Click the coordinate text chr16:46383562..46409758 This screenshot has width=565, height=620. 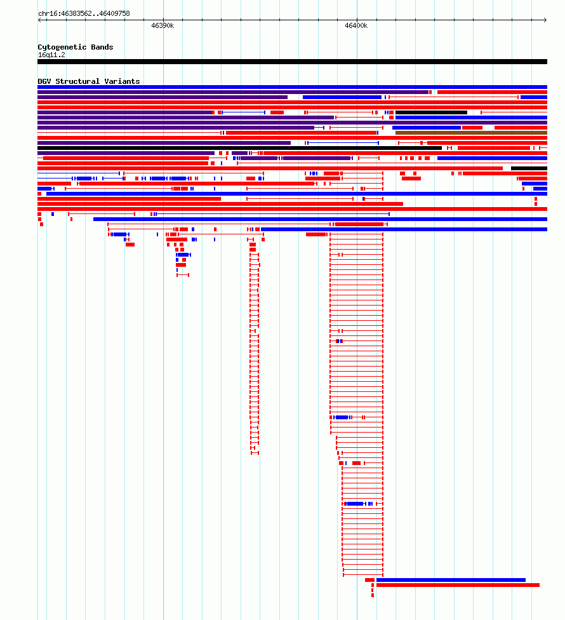click(84, 13)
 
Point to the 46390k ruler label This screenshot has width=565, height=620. click(163, 25)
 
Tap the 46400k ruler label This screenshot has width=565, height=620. click(356, 25)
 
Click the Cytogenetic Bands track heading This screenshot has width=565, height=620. click(76, 47)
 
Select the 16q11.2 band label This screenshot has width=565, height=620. click(51, 55)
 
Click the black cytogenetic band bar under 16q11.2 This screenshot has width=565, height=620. click(293, 62)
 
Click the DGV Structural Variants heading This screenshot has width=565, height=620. click(88, 81)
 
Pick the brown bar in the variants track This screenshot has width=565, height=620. click(471, 133)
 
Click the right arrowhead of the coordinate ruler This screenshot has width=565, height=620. click(545, 20)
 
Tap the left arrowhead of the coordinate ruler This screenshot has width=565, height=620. click(39, 20)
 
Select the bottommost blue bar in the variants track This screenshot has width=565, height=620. click(451, 580)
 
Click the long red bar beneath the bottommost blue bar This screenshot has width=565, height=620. click(458, 585)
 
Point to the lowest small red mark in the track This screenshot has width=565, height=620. click(372, 595)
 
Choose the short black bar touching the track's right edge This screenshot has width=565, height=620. click(529, 168)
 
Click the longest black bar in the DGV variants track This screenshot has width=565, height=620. click(239, 148)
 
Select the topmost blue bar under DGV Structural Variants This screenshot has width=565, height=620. click(293, 87)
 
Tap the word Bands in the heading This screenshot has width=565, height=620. click(102, 47)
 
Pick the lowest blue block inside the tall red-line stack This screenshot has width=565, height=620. click(354, 504)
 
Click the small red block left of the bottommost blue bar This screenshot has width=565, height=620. click(369, 580)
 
